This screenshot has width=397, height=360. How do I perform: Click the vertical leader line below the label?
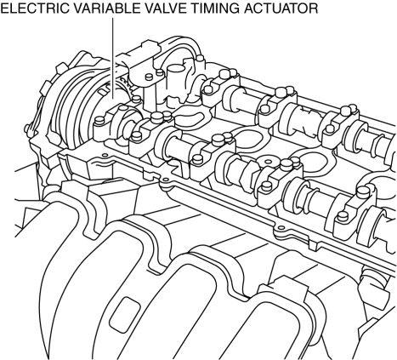coord(112,59)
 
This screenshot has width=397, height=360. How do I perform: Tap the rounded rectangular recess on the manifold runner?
coord(125,315)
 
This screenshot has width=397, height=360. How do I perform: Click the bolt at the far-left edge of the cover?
coord(28,129)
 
